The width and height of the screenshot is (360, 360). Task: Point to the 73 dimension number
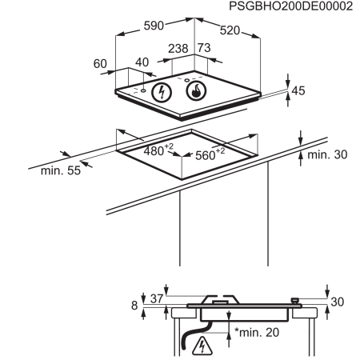pos(204,49)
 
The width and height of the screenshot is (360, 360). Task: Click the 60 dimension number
pos(100,63)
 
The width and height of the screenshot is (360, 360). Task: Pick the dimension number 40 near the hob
pos(142,63)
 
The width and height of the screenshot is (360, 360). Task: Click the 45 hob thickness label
pos(298,91)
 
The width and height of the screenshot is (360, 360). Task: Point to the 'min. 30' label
pos(328,154)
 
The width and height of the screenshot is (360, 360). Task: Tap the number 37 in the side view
pos(156,298)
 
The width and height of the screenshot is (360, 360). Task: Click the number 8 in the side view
pos(134,305)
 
